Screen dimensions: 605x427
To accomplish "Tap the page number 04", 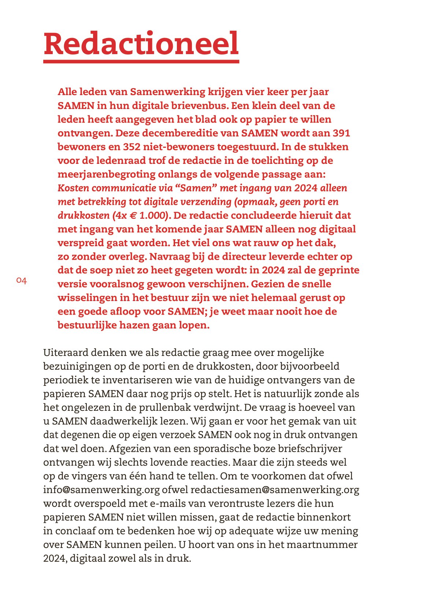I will [x=22, y=281].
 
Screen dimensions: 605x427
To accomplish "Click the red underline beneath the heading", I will [x=141, y=61].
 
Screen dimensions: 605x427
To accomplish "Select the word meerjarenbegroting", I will [x=107, y=174].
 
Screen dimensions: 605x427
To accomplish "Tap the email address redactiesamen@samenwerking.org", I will [x=275, y=490].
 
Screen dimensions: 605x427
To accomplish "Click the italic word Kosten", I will [x=73, y=188].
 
